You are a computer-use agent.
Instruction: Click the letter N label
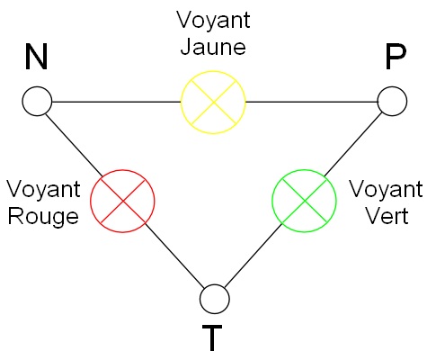36,57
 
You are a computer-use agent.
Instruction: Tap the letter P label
396,57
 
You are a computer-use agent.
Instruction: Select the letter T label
212,337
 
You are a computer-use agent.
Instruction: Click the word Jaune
213,47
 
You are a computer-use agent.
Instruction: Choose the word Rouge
43,217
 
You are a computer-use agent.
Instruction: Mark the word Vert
387,215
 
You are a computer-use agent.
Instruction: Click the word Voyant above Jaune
213,21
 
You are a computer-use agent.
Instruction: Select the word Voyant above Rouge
44,190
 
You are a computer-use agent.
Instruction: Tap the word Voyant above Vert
387,190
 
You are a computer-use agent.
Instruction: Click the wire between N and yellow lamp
116,102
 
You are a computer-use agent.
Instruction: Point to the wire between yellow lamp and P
311,102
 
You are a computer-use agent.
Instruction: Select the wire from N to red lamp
75,145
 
